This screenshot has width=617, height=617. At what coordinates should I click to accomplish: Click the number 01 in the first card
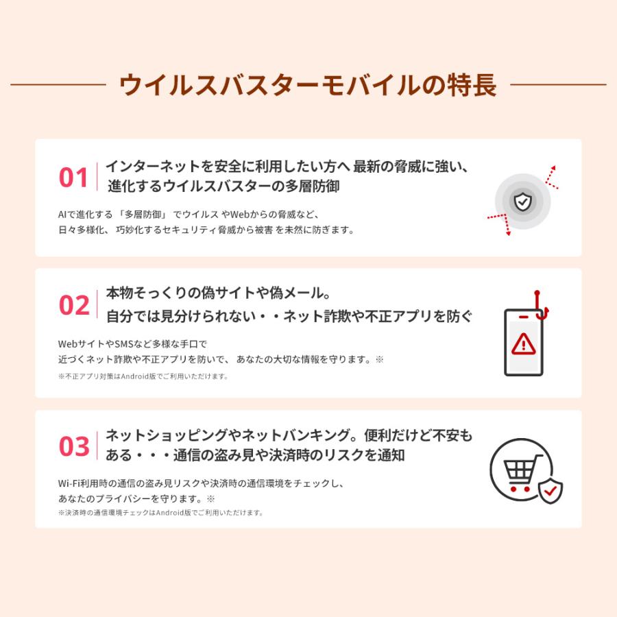coord(73,178)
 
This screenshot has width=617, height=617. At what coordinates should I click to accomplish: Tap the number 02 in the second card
coord(74,306)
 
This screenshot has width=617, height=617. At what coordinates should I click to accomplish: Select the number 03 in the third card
coord(74,447)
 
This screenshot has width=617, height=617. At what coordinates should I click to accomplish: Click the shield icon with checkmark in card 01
coord(522,201)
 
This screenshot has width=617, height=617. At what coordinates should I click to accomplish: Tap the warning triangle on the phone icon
coord(524,342)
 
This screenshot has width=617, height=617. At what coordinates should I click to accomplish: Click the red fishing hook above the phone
coord(540,306)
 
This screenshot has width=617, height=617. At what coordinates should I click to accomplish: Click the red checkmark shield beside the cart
coord(550,490)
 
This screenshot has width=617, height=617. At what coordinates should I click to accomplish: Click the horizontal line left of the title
coord(58,85)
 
